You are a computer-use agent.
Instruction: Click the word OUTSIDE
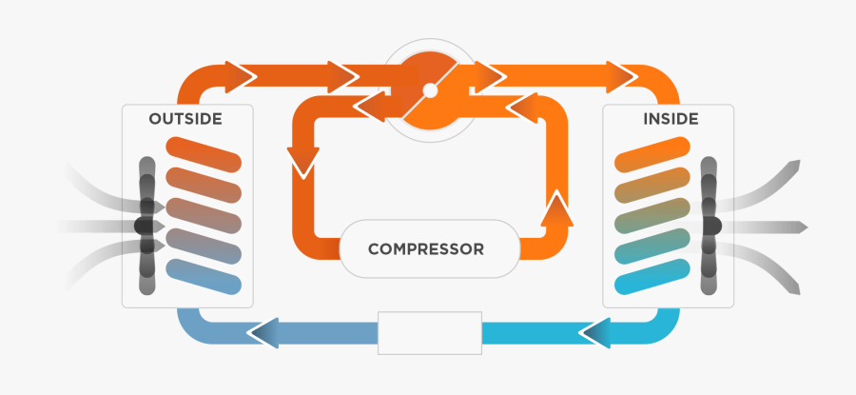click(x=185, y=120)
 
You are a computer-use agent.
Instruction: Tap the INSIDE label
click(x=671, y=120)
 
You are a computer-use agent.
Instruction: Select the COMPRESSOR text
click(x=425, y=249)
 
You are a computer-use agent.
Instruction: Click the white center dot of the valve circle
click(x=430, y=91)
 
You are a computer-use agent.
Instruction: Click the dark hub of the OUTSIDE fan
click(x=145, y=226)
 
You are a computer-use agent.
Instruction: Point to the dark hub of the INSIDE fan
click(x=710, y=226)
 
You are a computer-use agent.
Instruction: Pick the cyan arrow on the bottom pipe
click(x=595, y=332)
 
